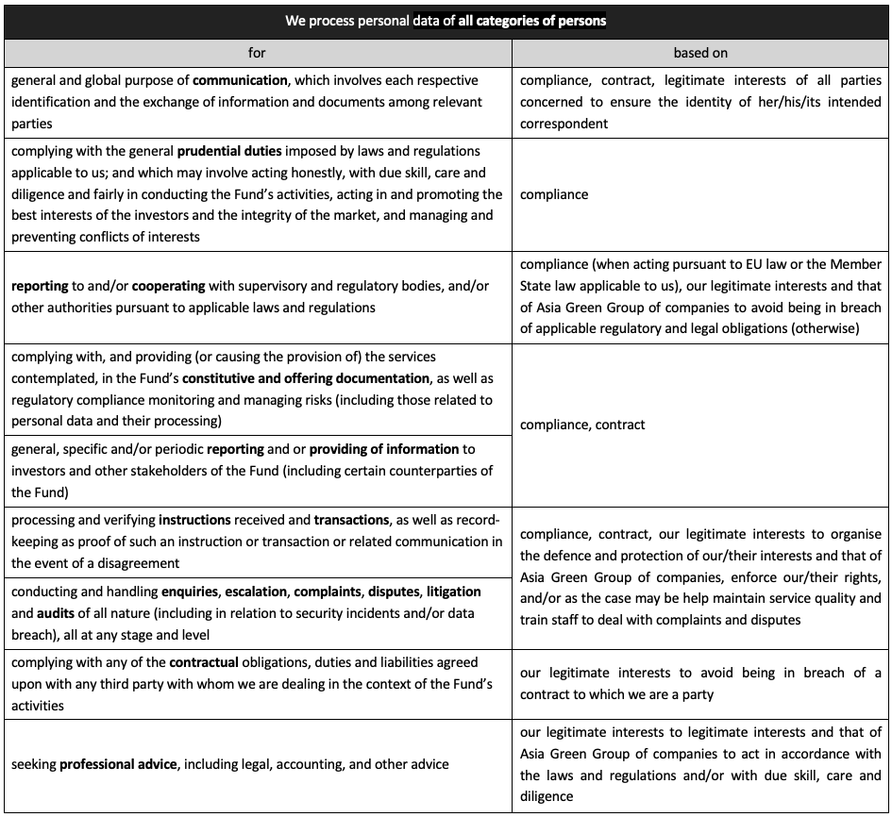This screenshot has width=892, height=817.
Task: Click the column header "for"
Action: click(x=257, y=53)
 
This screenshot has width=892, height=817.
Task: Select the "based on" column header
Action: click(x=699, y=53)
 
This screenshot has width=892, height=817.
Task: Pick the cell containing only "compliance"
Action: click(x=554, y=194)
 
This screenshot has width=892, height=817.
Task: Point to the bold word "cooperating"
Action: click(x=175, y=286)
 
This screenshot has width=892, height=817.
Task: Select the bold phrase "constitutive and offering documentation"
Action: click(x=306, y=378)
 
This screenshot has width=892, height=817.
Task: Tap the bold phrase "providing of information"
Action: click(x=383, y=449)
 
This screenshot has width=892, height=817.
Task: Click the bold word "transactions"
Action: click(x=351, y=520)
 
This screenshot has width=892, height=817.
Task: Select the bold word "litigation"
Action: click(x=453, y=592)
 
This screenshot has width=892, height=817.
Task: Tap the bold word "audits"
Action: click(x=57, y=612)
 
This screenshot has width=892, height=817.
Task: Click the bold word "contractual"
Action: click(x=204, y=662)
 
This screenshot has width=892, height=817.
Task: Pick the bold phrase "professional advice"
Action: click(x=118, y=764)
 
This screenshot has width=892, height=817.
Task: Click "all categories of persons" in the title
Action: click(x=531, y=21)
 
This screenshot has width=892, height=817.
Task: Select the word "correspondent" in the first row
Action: click(x=564, y=124)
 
